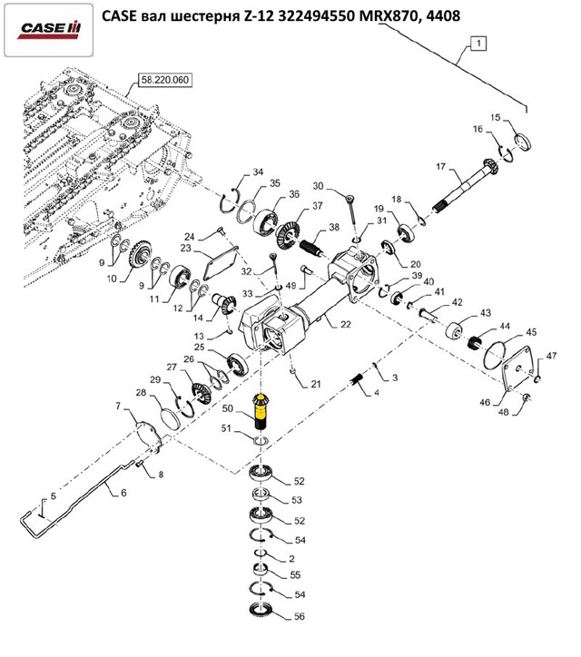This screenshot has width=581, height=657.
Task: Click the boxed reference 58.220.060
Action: coord(164,81)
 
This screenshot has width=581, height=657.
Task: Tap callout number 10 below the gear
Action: coord(113,279)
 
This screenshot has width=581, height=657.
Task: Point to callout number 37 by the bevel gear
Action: coord(319,206)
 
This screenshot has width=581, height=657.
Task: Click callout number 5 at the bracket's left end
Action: coord(52,496)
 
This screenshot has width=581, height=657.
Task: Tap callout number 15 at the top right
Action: coord(496,118)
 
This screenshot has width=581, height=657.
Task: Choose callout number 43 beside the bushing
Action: coord(485,312)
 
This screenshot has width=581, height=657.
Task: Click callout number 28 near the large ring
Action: coord(141,392)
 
